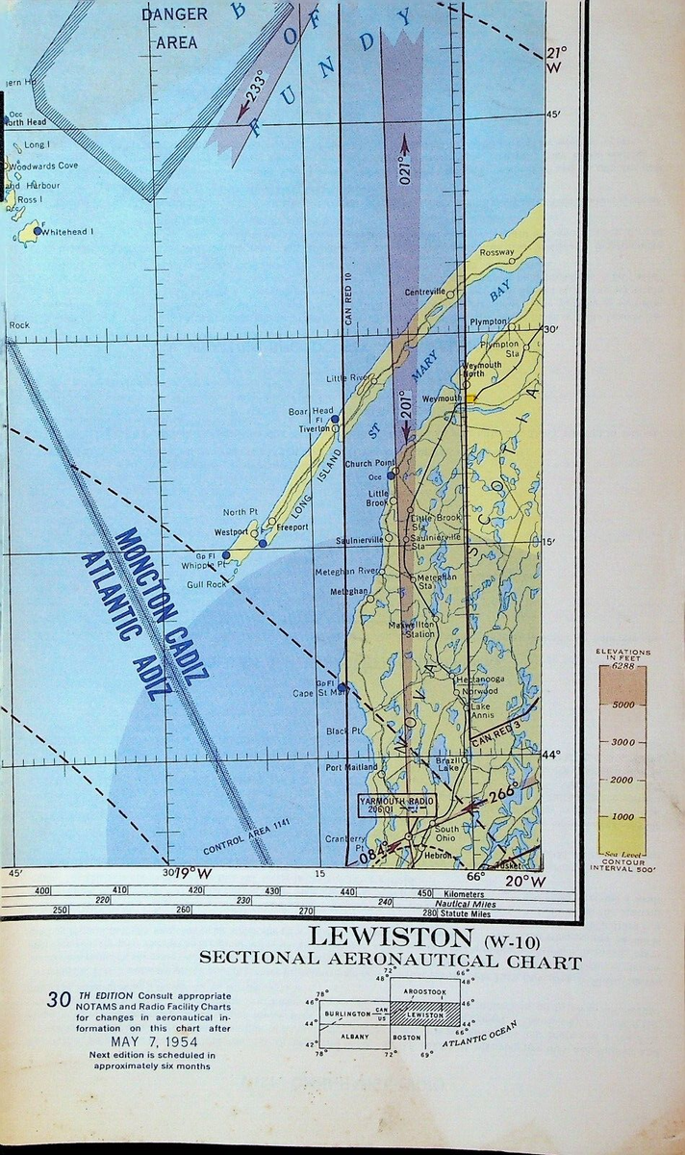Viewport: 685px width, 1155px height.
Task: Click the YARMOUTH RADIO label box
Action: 396,805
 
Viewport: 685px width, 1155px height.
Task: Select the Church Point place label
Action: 371,463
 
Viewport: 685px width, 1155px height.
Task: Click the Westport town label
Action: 232,531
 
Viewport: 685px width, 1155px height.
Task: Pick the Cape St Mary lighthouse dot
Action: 342,686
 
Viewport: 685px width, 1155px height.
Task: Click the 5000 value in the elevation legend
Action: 622,705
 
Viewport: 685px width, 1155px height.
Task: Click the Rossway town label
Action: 496,253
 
